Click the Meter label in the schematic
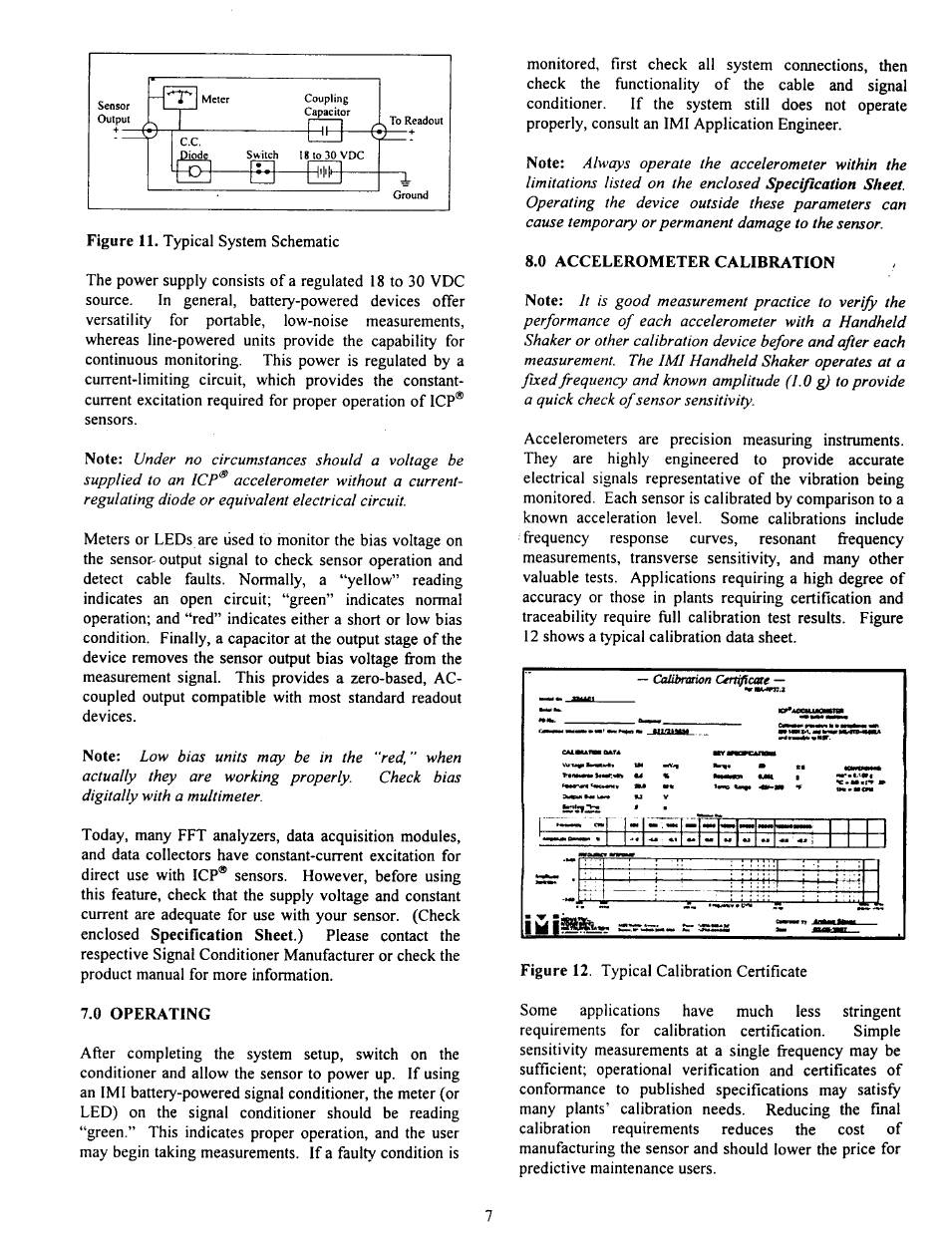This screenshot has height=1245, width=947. [216, 98]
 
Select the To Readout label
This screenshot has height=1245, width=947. [415, 121]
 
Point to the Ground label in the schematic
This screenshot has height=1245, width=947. [410, 195]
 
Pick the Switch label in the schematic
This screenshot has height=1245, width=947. [262, 156]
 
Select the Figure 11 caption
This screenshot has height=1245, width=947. [212, 241]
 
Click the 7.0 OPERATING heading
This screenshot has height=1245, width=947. [146, 1014]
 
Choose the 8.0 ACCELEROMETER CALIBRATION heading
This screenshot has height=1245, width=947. [680, 263]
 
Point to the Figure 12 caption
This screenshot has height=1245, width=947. [664, 971]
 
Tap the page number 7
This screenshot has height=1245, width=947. [488, 1212]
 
